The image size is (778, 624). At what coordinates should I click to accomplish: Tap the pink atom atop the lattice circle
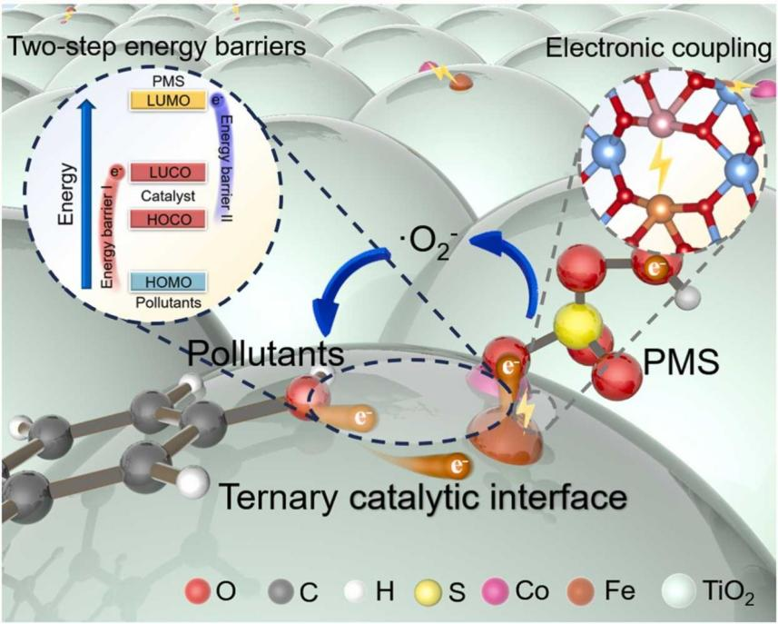tap(661, 123)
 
